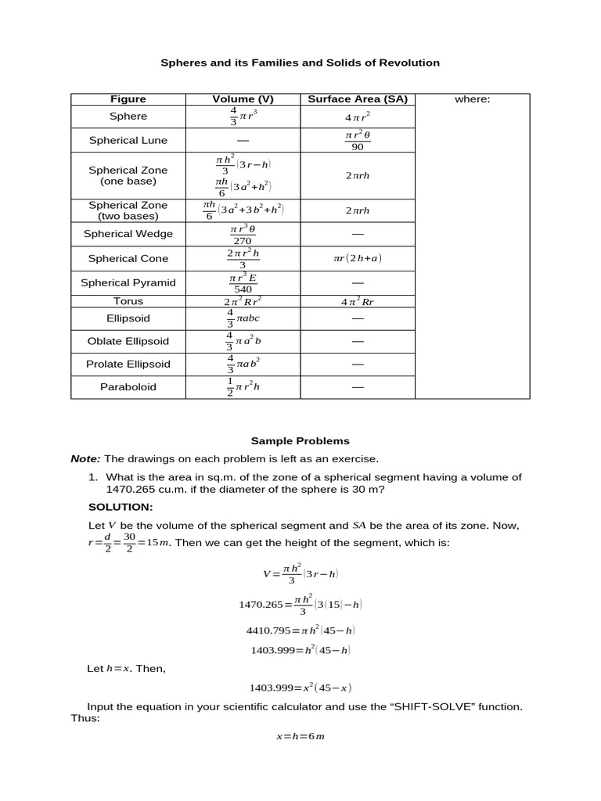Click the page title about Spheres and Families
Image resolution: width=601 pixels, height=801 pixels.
click(300, 63)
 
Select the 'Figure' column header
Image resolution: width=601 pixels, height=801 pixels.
click(128, 99)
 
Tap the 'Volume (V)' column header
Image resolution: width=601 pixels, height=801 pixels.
click(243, 99)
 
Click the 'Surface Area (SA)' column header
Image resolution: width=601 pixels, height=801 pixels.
click(358, 99)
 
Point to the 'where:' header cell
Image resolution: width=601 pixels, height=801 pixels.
click(472, 99)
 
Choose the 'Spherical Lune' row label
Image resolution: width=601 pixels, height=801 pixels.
click(128, 141)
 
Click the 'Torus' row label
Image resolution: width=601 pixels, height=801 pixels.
click(128, 301)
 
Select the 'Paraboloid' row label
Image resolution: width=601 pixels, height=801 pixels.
click(128, 387)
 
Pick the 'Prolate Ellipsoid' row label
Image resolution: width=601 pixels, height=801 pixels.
click(128, 365)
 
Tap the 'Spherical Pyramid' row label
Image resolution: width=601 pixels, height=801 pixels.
click(128, 283)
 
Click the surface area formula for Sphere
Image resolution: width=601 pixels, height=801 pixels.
click(358, 117)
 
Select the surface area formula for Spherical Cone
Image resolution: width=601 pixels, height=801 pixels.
click(358, 259)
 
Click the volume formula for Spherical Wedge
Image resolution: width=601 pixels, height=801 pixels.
click(243, 235)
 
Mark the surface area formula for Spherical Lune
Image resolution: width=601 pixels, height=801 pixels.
click(358, 141)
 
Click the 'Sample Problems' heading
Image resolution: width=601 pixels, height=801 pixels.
click(300, 441)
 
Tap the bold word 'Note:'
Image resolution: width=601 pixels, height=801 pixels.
click(85, 459)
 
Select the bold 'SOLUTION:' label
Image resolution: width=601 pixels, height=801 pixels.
click(121, 508)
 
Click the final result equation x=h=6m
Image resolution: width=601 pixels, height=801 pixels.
click(300, 737)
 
